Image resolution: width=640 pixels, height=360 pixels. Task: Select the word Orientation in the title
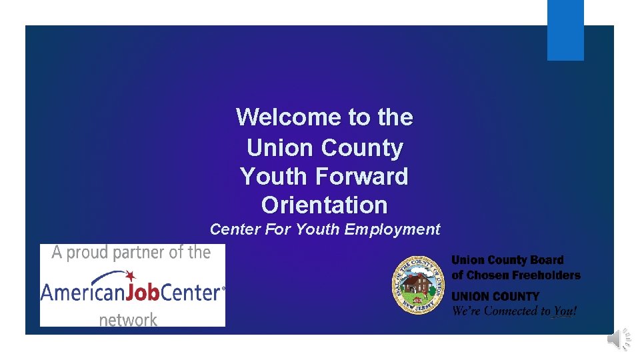tap(324, 205)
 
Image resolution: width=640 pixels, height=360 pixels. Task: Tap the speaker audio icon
tap(618, 339)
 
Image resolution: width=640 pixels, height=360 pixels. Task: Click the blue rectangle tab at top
tap(565, 30)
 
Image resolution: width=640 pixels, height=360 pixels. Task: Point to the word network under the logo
tap(128, 319)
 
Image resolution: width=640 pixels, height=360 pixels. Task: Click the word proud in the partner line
tap(89, 253)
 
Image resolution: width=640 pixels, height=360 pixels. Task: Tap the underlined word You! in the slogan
tap(564, 311)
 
